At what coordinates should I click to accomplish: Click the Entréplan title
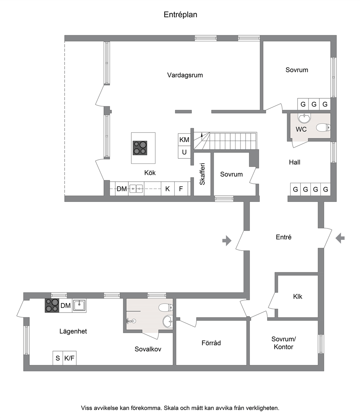point(180,15)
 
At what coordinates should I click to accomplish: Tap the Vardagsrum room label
point(185,75)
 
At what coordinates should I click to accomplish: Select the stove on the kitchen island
point(140,148)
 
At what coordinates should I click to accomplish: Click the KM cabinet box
point(184,139)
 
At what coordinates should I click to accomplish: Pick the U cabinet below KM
point(184,152)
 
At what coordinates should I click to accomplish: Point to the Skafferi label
point(202,174)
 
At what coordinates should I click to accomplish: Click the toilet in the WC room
point(323,128)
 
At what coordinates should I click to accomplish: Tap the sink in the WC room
point(304,118)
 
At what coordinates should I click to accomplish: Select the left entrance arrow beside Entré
point(227,240)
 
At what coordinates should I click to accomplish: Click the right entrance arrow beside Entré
point(340,238)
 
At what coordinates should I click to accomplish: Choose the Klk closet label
point(298,296)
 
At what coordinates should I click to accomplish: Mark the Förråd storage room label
point(211,343)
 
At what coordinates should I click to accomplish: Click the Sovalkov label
point(148,349)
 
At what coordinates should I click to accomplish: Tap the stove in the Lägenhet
point(52,305)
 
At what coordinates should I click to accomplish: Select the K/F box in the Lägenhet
point(69,358)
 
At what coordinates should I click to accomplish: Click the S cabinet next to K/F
point(58,358)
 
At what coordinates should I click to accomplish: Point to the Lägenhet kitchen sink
point(79,305)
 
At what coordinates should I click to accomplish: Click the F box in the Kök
point(181,189)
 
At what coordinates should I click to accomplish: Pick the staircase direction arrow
point(202,135)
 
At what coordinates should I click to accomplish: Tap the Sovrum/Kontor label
point(283,343)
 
